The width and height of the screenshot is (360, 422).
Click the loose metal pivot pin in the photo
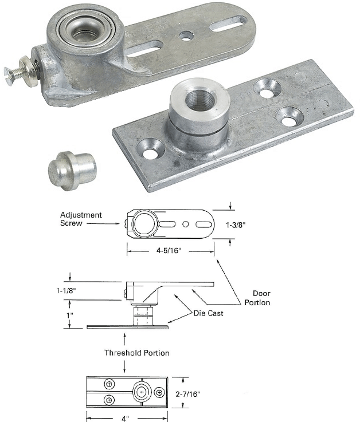[x=71, y=169]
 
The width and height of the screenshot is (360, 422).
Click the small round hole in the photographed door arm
[x=186, y=36]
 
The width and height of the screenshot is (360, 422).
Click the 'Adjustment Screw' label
[x=81, y=219]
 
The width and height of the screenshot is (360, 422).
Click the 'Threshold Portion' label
[x=136, y=353]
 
